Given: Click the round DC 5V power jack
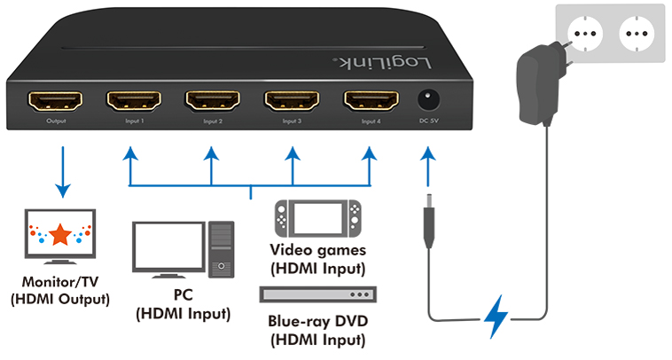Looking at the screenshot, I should [x=428, y=98].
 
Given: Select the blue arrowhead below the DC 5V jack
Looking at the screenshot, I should [x=428, y=157].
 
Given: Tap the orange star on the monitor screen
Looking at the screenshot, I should [x=60, y=235].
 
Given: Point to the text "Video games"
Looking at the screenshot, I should [x=316, y=250].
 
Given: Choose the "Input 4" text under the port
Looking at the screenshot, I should [x=371, y=121].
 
